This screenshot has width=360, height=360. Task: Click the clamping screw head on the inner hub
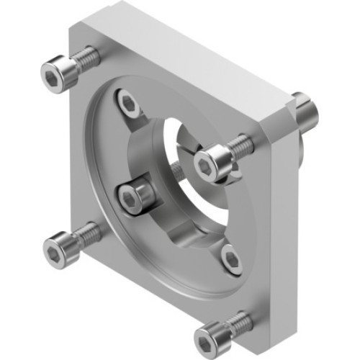[x=134, y=197]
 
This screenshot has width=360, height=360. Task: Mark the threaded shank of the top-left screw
[x=86, y=58]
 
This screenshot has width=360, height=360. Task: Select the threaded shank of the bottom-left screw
[x=88, y=233]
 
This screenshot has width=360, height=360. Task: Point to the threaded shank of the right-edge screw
[x=243, y=145]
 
